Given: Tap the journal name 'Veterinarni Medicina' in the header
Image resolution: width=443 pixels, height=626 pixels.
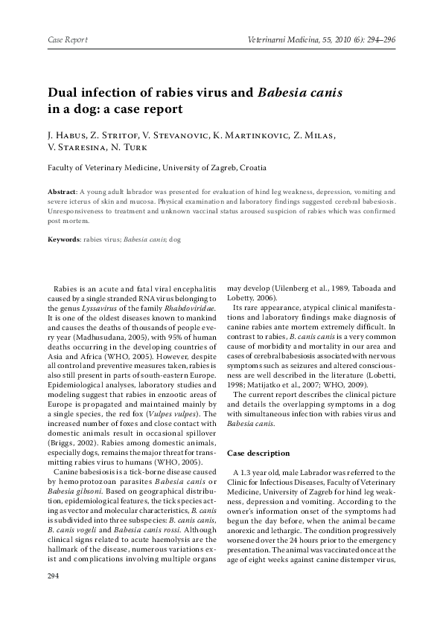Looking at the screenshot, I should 280,39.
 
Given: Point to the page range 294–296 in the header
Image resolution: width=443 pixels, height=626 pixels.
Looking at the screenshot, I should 379,39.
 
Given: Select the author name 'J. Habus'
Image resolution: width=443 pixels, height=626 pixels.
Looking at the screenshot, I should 66,135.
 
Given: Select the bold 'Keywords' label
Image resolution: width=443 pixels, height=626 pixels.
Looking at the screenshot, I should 65,240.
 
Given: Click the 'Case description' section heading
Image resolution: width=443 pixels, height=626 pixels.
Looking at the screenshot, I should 260,452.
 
